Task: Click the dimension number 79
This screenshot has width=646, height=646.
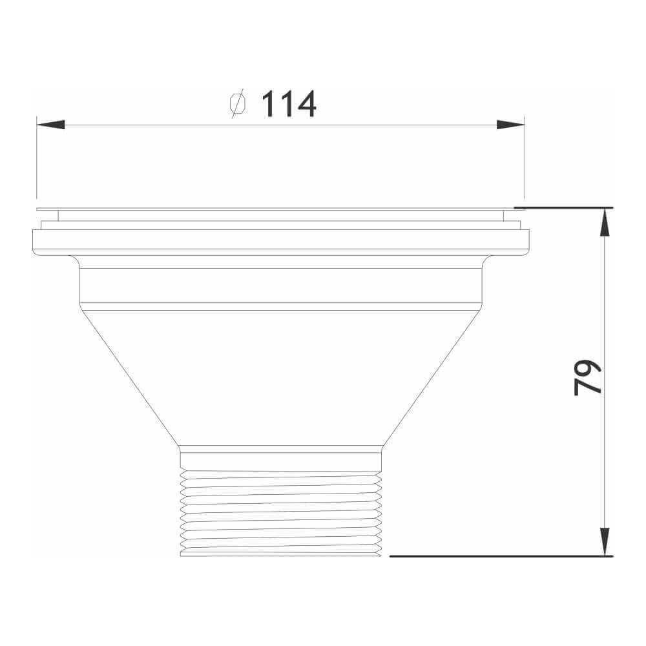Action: [x=587, y=377]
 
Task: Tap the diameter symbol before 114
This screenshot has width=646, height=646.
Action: [x=238, y=104]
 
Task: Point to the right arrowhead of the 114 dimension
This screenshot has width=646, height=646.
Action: [x=510, y=125]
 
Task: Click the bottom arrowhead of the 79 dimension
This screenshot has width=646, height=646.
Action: [x=605, y=541]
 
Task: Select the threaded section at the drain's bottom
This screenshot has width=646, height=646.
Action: [x=281, y=510]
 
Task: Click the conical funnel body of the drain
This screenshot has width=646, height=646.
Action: [x=281, y=375]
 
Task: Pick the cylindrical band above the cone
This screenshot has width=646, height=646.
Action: [x=281, y=285]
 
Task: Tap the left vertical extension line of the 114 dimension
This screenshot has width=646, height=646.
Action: [x=37, y=161]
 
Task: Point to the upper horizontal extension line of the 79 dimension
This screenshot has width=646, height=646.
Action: [x=562, y=207]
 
